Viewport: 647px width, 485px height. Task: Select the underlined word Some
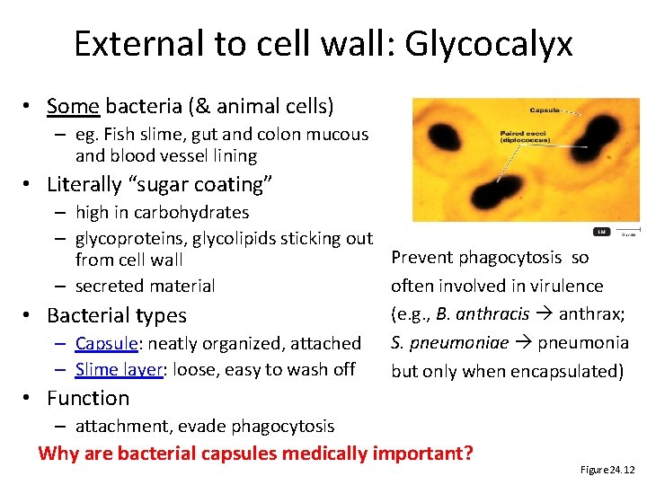(x=73, y=106)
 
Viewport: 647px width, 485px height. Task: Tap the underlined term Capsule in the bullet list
(x=105, y=343)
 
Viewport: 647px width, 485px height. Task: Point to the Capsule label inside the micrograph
(x=545, y=110)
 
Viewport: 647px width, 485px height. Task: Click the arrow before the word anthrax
(x=544, y=314)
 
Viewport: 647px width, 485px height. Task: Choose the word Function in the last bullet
(x=88, y=398)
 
